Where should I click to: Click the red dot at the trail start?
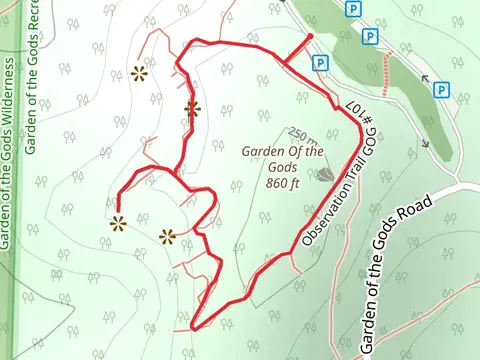(x=310, y=37)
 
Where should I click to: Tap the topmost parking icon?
(x=352, y=9)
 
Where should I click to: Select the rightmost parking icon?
(x=441, y=90)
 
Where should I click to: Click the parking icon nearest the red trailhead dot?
(x=320, y=62)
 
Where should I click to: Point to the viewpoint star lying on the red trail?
(x=192, y=109)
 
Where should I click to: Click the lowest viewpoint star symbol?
(x=167, y=237)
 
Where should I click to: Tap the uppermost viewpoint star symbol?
(x=139, y=73)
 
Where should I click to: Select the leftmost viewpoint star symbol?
(x=118, y=223)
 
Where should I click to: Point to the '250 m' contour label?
(x=301, y=133)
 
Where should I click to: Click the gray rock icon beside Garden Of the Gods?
(x=325, y=174)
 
